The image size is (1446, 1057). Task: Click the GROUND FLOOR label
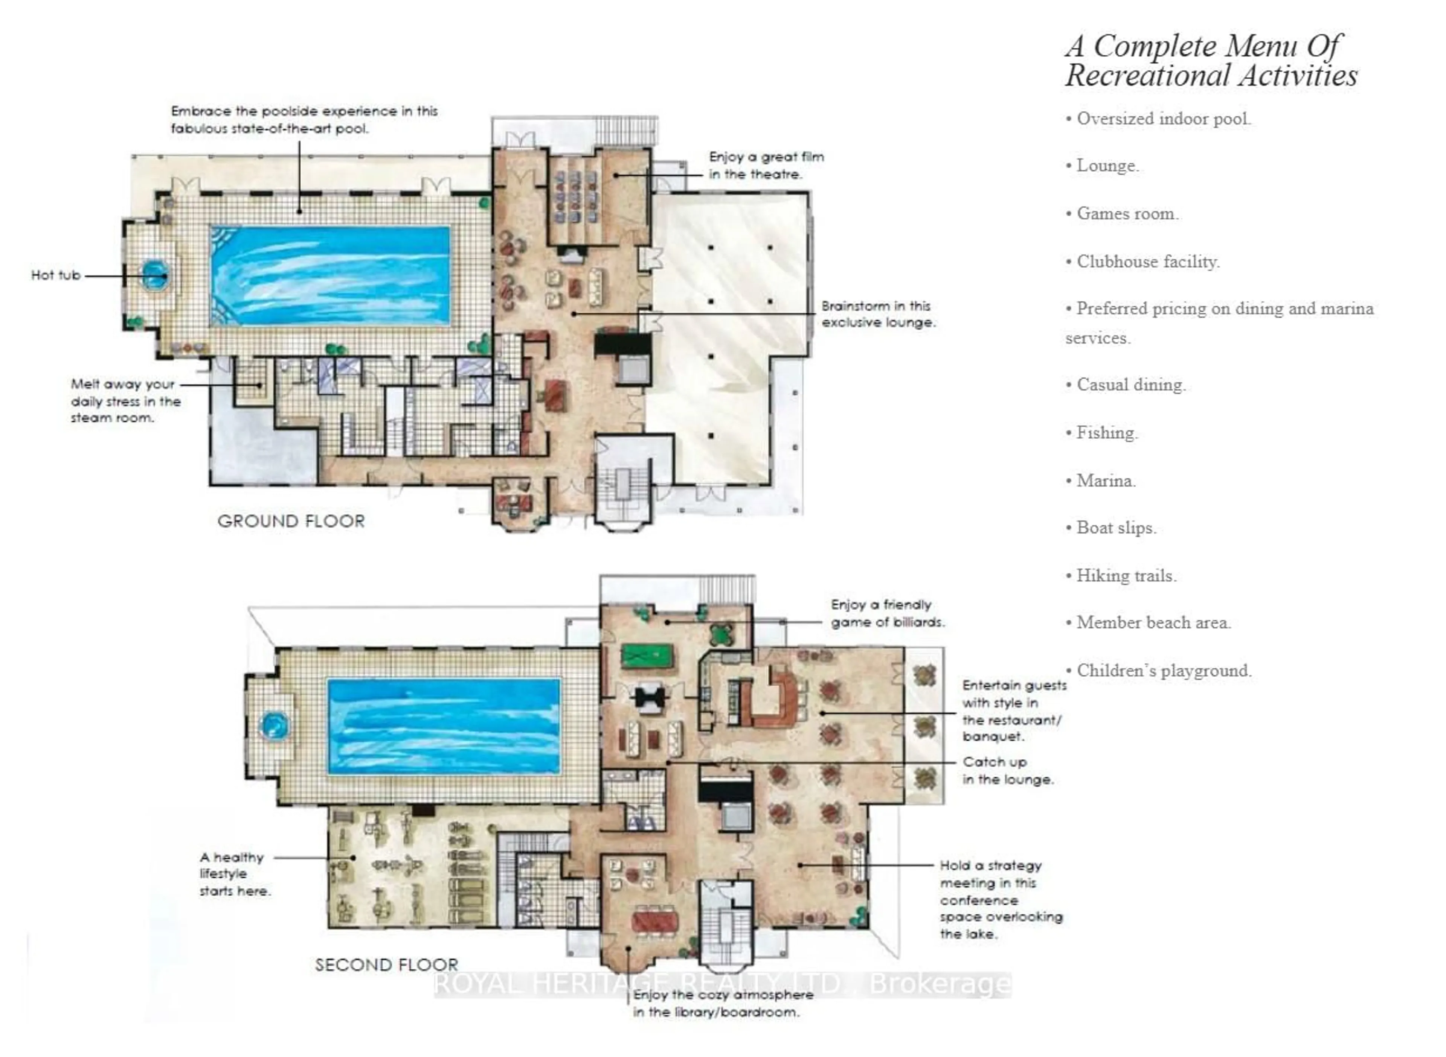point(291,521)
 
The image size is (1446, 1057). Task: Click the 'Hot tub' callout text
point(56,275)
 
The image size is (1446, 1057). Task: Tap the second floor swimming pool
point(444,726)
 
